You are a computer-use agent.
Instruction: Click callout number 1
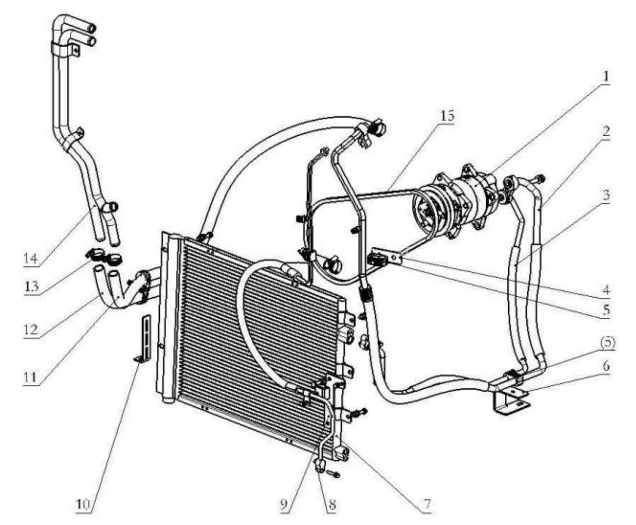click(606, 77)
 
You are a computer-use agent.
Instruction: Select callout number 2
click(606, 132)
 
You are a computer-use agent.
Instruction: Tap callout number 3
click(606, 195)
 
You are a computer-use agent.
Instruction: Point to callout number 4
click(606, 290)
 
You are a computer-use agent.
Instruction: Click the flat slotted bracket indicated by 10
click(145, 337)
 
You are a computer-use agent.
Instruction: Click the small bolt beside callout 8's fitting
click(334, 474)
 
